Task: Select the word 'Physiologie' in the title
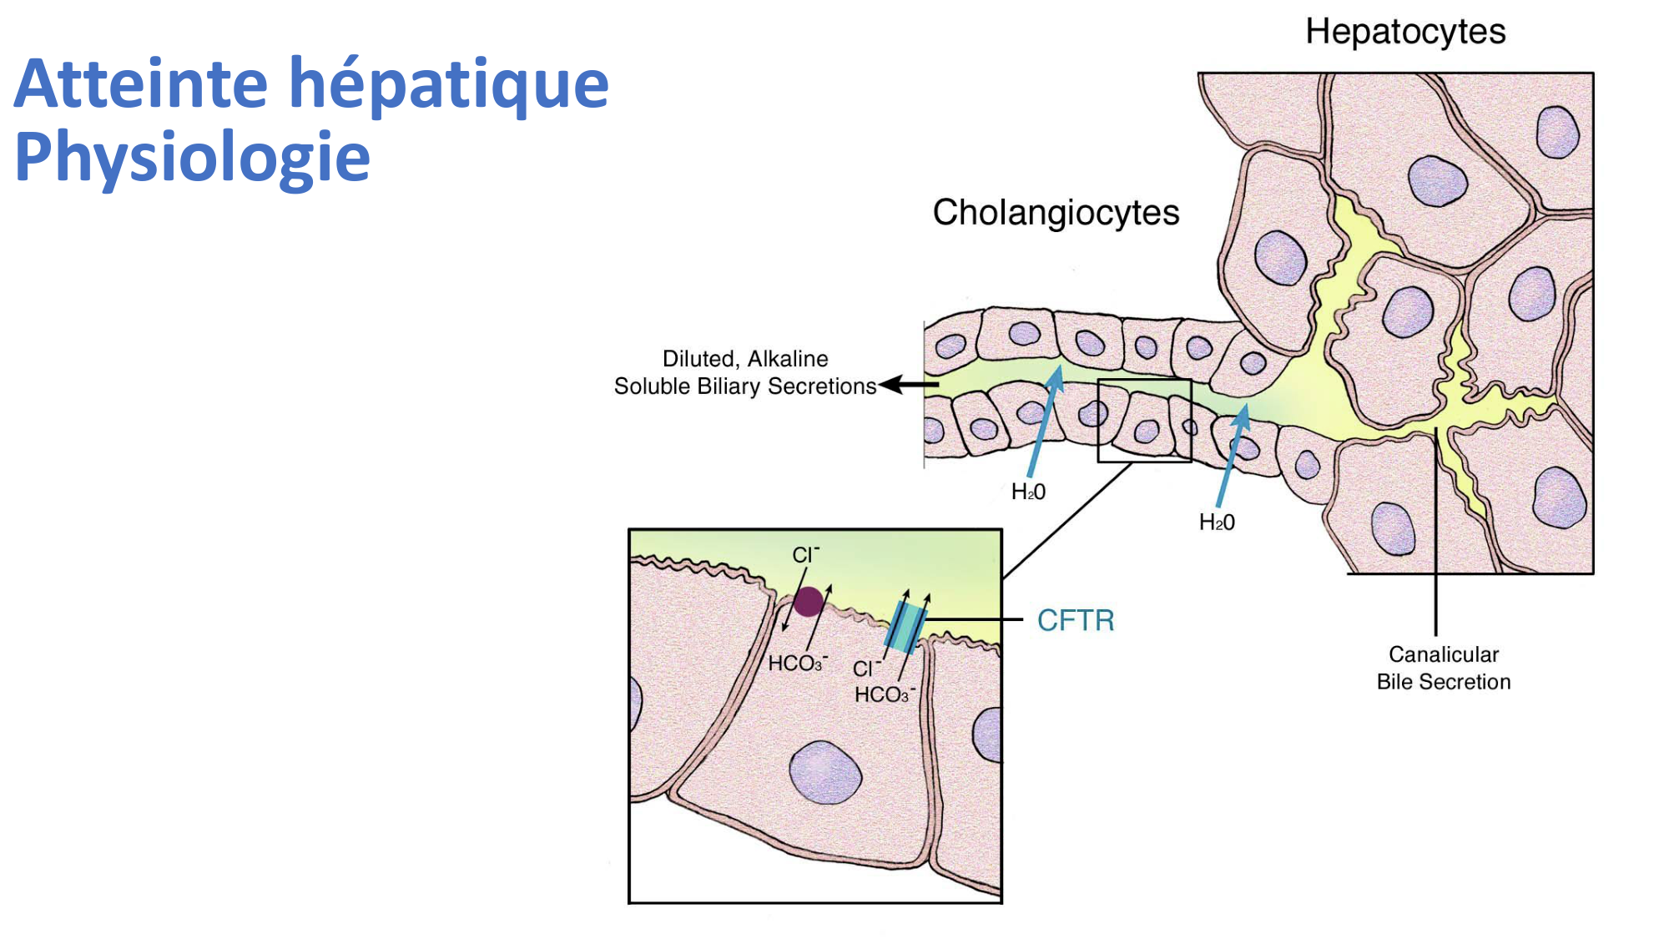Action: [192, 157]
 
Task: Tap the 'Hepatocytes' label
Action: [1405, 32]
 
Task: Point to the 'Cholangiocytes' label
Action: [1056, 212]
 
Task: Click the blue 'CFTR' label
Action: [1075, 620]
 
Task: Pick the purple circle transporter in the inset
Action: [808, 601]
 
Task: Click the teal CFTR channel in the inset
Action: [905, 628]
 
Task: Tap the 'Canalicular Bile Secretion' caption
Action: [1443, 668]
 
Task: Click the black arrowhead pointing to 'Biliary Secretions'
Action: [891, 384]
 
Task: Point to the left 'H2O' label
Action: [1028, 492]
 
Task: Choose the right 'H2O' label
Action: [1217, 523]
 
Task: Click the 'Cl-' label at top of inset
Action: [805, 555]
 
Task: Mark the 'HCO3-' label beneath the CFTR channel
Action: [884, 694]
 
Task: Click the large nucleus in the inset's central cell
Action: [825, 773]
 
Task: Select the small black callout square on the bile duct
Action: [1144, 421]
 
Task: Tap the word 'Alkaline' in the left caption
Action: [788, 359]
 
